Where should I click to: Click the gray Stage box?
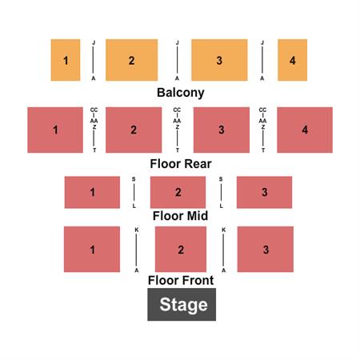pyautogui.click(x=182, y=304)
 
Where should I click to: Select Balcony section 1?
pyautogui.click(x=66, y=60)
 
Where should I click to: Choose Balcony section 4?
pyautogui.click(x=292, y=60)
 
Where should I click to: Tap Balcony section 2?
pyautogui.click(x=131, y=60)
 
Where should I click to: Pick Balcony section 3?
pyautogui.click(x=219, y=60)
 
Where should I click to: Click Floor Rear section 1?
pyautogui.click(x=55, y=130)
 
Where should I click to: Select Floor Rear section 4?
pyautogui.click(x=305, y=130)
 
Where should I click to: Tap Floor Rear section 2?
pyautogui.click(x=134, y=130)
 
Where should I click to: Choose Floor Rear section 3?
pyautogui.click(x=222, y=130)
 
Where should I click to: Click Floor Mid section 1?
pyautogui.click(x=92, y=192)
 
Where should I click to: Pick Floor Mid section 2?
pyautogui.click(x=178, y=192)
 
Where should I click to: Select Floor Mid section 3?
pyautogui.click(x=264, y=192)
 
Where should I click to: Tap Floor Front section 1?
pyautogui.click(x=92, y=250)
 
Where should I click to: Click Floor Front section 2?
pyautogui.click(x=181, y=250)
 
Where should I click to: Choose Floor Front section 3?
pyautogui.click(x=266, y=250)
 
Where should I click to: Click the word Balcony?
pyautogui.click(x=181, y=93)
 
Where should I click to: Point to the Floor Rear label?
pyautogui.click(x=181, y=164)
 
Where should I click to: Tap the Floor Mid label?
pyautogui.click(x=180, y=216)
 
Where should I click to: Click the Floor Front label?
pyautogui.click(x=181, y=280)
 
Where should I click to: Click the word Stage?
pyautogui.click(x=183, y=305)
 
